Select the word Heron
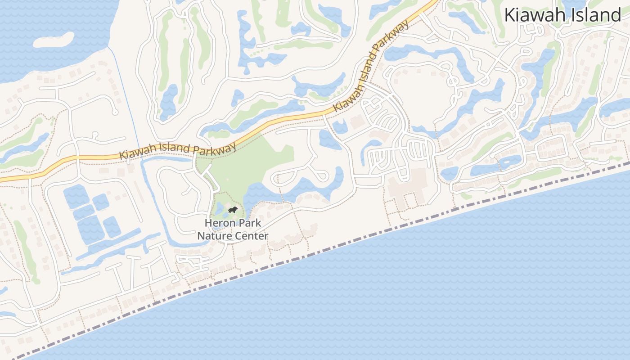pyautogui.click(x=220, y=223)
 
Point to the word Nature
pyautogui.click(x=213, y=235)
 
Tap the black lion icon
pyautogui.click(x=232, y=210)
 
